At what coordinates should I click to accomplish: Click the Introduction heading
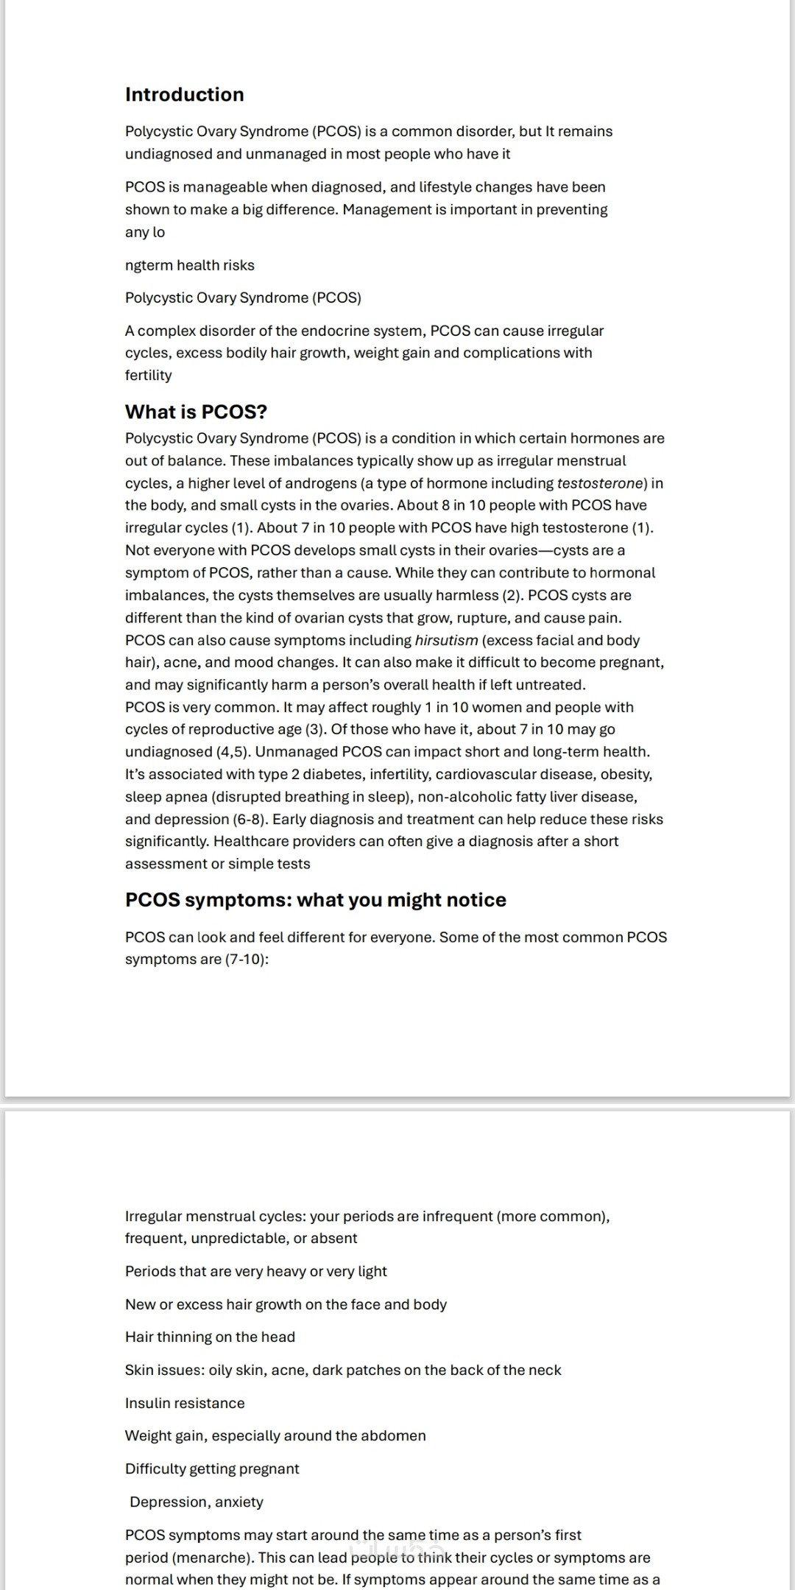click(184, 94)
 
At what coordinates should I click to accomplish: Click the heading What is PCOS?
click(196, 412)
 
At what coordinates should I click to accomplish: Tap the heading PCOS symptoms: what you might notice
click(315, 900)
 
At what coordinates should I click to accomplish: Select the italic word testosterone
click(601, 483)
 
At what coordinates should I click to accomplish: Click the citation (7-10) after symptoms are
click(247, 959)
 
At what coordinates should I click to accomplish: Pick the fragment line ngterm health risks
click(189, 265)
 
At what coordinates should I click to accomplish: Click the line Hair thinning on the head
click(210, 1337)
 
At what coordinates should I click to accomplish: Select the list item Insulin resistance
click(185, 1403)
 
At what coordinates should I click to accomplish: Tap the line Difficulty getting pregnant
click(212, 1468)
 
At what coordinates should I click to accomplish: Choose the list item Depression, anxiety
click(196, 1502)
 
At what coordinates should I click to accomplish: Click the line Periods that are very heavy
click(255, 1271)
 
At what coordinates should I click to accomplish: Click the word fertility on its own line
click(148, 375)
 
